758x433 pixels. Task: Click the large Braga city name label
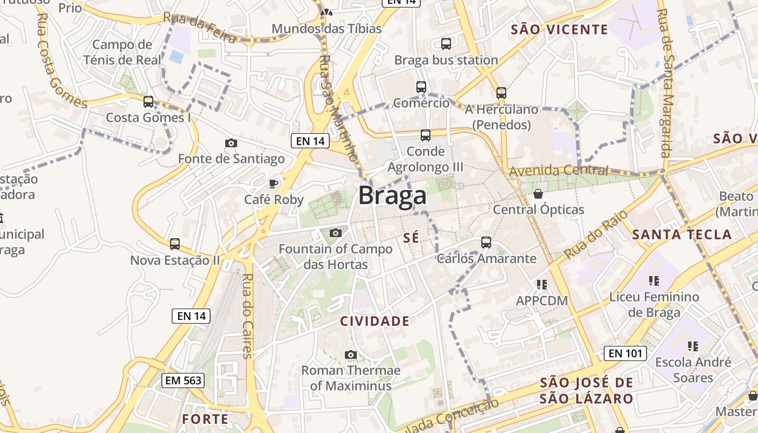click(x=392, y=195)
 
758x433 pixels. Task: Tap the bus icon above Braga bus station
click(x=446, y=44)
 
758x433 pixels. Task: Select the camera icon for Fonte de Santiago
click(x=231, y=143)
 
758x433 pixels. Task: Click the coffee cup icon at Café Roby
click(x=273, y=183)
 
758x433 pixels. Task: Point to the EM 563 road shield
click(x=184, y=380)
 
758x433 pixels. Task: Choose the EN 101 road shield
click(x=625, y=353)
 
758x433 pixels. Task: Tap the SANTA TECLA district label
click(x=682, y=235)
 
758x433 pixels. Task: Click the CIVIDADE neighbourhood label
click(x=375, y=321)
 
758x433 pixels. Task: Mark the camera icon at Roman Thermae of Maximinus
click(x=351, y=355)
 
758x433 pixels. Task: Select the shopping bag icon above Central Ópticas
click(x=538, y=193)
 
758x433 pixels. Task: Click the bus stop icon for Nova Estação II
click(x=174, y=244)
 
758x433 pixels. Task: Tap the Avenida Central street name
click(x=558, y=171)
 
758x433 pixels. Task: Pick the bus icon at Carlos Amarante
click(x=486, y=242)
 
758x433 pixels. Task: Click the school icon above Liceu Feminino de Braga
click(x=654, y=280)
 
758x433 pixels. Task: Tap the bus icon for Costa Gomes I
click(x=148, y=101)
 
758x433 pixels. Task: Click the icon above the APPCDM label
click(x=541, y=284)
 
